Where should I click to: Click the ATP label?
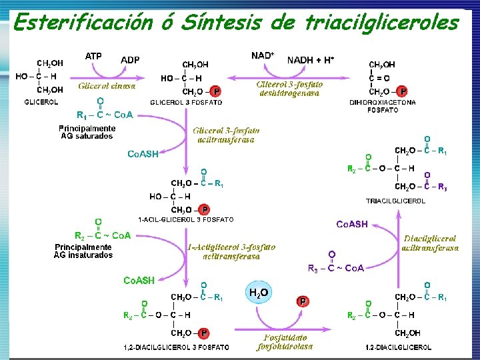pos(93,57)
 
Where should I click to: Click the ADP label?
pos(130,60)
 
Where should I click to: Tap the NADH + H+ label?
pos(311,60)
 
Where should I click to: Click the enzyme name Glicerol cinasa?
pos(107,86)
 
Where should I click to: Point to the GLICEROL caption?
pos(41,102)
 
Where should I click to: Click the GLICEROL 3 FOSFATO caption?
pos(187,102)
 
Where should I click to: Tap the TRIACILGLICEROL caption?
pos(396,200)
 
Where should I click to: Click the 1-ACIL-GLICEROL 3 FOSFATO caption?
pos(186,219)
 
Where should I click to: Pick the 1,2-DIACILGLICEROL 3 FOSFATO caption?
pos(177,347)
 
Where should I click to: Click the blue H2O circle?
pos(259,293)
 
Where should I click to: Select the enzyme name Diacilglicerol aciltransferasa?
pos(430,243)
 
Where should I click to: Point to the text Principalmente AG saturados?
pos(87,132)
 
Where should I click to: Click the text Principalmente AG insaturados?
pos(83,251)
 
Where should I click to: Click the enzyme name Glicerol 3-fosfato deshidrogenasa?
pos(290,89)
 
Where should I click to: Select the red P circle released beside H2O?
pos(303,301)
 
